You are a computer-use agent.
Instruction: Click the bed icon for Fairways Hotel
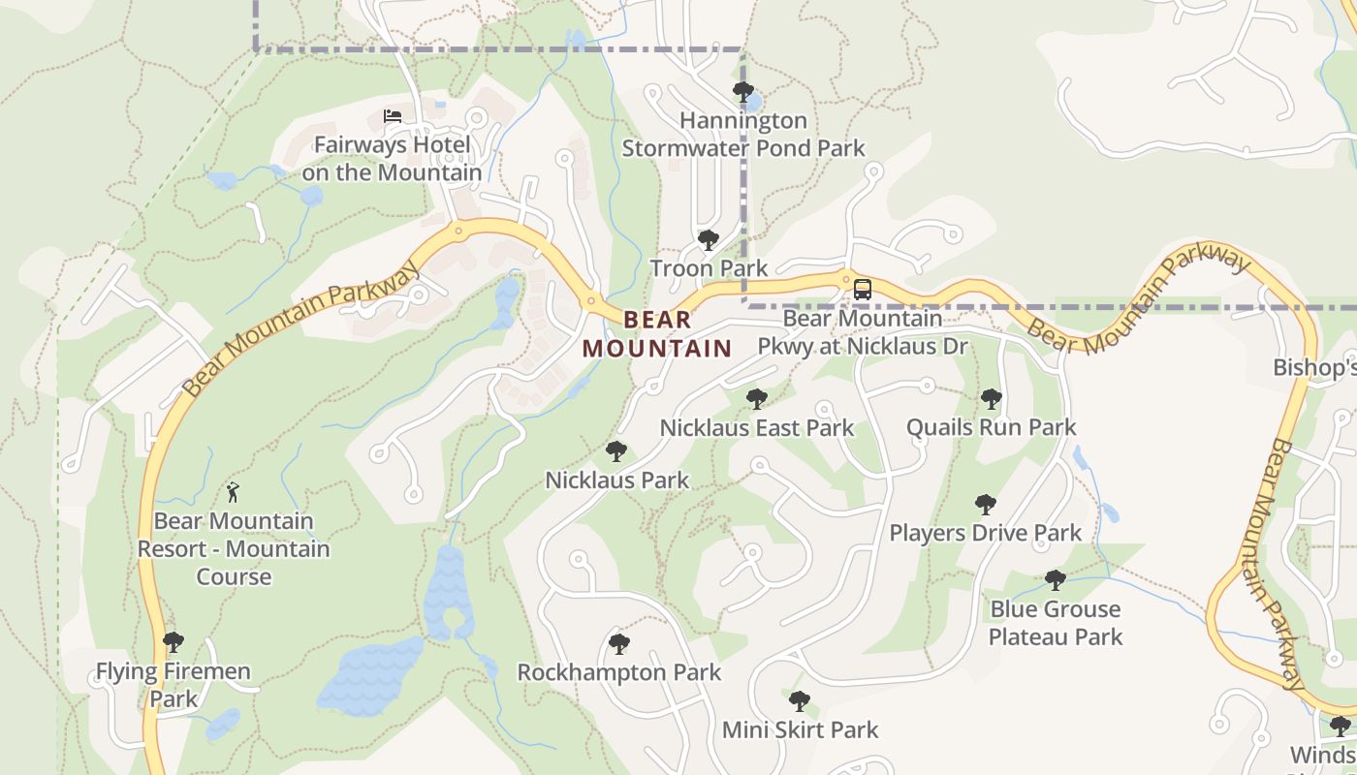point(393,116)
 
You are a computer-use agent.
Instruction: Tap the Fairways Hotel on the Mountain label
point(392,159)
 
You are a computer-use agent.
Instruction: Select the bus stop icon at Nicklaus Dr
point(862,289)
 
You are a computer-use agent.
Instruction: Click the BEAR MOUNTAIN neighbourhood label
point(657,333)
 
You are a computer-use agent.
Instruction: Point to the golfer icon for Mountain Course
point(233,493)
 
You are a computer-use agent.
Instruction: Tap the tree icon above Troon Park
point(709,239)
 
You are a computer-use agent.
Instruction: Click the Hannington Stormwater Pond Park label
point(743,135)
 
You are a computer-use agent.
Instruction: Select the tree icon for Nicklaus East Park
point(756,398)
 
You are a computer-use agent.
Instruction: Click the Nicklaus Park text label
point(617,480)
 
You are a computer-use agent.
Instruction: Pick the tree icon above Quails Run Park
point(991,398)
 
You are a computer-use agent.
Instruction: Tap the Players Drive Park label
point(986,532)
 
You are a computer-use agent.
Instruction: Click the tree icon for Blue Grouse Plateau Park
point(1056,580)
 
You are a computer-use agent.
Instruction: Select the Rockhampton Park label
point(619,671)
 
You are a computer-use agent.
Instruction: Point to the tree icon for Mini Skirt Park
point(800,700)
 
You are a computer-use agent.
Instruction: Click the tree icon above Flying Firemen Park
point(174,641)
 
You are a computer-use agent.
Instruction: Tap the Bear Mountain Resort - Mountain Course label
point(234,548)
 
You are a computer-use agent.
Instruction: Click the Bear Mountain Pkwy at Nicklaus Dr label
point(863,331)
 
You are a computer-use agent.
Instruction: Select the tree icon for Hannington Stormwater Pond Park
point(743,93)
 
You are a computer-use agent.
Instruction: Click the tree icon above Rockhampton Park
point(619,643)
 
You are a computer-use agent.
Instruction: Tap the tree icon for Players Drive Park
point(986,504)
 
